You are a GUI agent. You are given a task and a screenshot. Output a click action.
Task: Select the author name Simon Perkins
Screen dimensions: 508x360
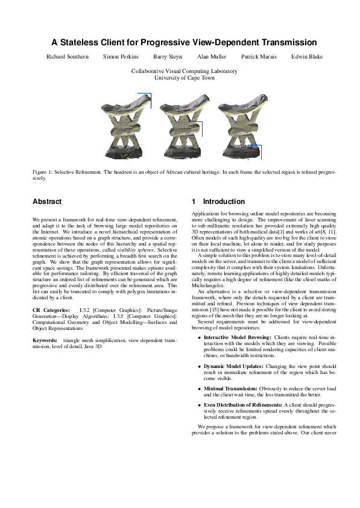(x=121, y=57)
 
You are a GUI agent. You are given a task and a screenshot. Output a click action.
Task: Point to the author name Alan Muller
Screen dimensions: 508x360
(x=212, y=57)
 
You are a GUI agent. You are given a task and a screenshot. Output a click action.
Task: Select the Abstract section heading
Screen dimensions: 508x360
(x=47, y=201)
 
